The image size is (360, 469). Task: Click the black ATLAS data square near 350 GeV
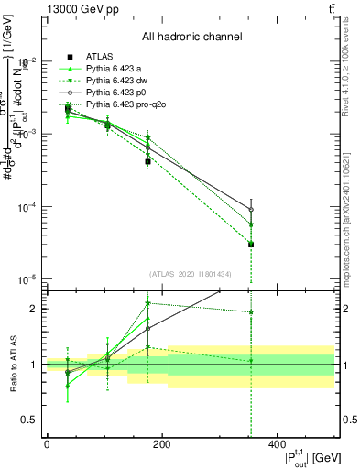tap(251, 244)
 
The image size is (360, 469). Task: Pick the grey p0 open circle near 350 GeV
tap(251, 210)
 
